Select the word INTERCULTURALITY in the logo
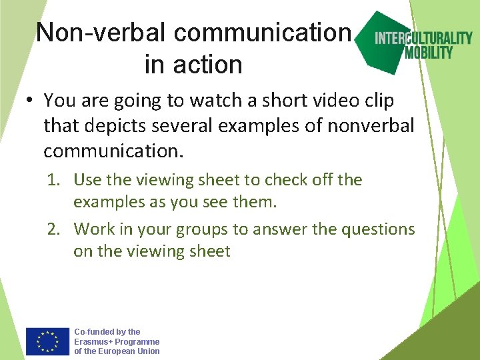(423, 38)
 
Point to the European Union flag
(47, 341)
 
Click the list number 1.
(53, 180)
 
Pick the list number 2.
(53, 229)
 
